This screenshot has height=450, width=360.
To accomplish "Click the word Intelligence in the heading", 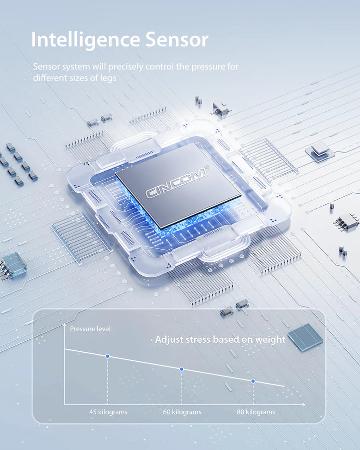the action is (x=86, y=40).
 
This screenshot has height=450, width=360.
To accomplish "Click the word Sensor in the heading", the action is (x=177, y=39).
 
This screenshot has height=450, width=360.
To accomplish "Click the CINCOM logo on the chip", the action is (x=176, y=183).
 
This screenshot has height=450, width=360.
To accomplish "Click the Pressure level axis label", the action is (x=90, y=329).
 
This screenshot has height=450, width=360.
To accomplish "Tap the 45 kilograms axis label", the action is (x=108, y=412).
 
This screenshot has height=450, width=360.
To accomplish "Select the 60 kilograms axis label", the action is (x=182, y=412).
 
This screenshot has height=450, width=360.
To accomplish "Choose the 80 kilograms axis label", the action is (x=256, y=412).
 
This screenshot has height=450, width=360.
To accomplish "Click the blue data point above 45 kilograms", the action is (x=108, y=356).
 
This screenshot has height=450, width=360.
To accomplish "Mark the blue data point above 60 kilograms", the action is (x=182, y=369).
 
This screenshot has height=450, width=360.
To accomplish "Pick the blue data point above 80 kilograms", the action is (x=253, y=381).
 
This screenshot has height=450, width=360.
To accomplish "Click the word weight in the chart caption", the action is (x=270, y=339).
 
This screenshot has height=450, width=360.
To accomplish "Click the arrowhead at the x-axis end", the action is (x=303, y=404).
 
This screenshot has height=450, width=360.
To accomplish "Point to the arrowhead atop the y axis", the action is (x=64, y=325).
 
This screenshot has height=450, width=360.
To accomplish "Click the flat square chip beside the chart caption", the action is (x=305, y=337).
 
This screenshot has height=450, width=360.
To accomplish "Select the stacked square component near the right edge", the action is (x=320, y=152).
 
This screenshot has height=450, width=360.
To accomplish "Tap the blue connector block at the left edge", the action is (x=13, y=266).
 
